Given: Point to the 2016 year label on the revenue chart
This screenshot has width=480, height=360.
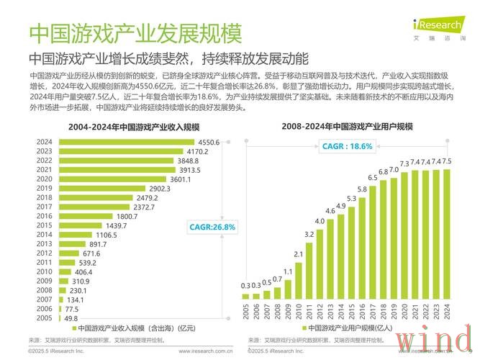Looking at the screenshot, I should tap(44, 215).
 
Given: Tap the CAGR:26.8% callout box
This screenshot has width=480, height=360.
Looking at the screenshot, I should tap(212, 227).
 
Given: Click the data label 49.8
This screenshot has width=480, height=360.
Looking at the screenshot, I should tap(71, 318).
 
